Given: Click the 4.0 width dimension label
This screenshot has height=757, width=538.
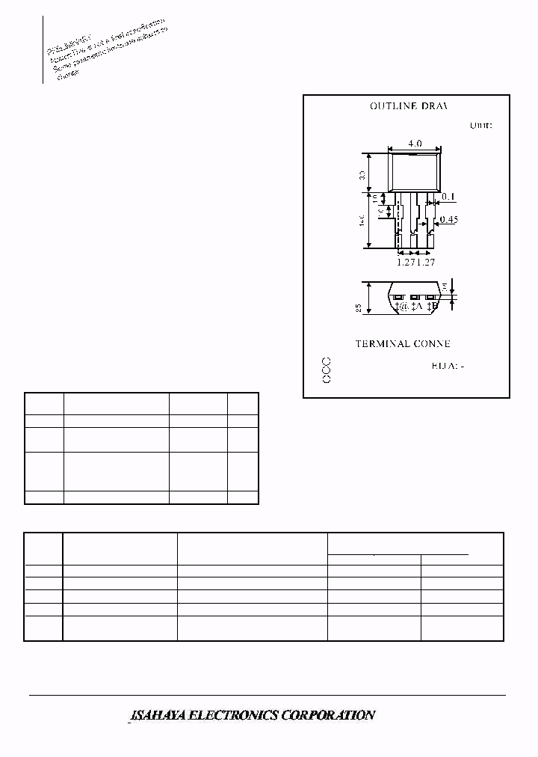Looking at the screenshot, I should click(x=415, y=144).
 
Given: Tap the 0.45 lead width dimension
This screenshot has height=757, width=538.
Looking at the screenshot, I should click(x=448, y=219).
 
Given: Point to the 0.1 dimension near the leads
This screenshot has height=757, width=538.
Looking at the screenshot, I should click(x=448, y=197).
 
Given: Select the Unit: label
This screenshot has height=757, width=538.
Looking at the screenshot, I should click(x=480, y=126).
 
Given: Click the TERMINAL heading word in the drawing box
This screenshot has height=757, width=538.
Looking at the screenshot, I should click(x=382, y=343).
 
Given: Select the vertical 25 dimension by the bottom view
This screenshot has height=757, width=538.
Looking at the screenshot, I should click(x=359, y=307).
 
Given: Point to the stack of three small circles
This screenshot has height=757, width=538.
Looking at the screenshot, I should click(x=326, y=371).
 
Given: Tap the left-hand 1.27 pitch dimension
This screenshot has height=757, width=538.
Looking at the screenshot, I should click(x=406, y=262).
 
